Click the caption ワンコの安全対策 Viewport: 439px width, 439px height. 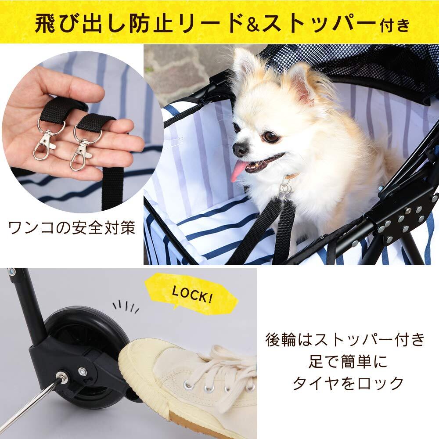pyautogui.click(x=72, y=227)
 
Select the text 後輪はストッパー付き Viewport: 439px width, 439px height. pyautogui.click(x=345, y=339)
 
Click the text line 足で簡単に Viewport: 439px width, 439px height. pyautogui.click(x=348, y=361)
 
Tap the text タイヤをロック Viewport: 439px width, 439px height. pyautogui.click(x=348, y=383)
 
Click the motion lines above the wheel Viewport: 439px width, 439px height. pyautogui.click(x=126, y=307)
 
